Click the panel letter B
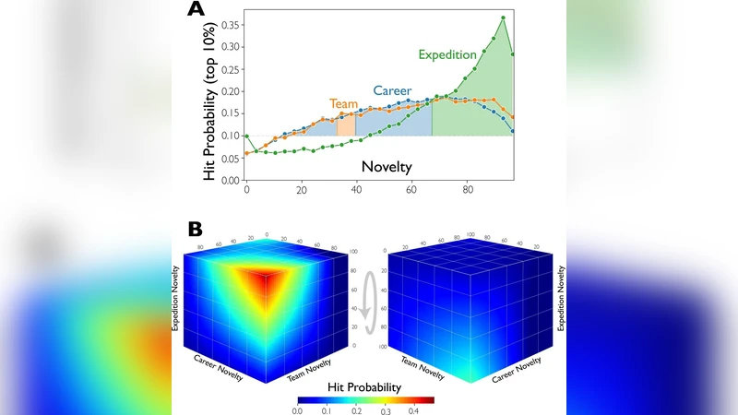(x=196, y=227)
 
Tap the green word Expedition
(x=447, y=55)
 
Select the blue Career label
(x=392, y=90)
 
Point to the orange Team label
(x=343, y=105)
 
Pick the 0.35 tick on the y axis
(x=228, y=23)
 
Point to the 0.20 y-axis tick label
(x=228, y=90)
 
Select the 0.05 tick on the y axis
(x=228, y=159)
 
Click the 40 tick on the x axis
(x=357, y=190)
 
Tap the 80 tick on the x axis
(x=468, y=190)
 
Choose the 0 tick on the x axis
(x=246, y=190)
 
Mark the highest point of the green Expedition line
(x=504, y=18)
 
